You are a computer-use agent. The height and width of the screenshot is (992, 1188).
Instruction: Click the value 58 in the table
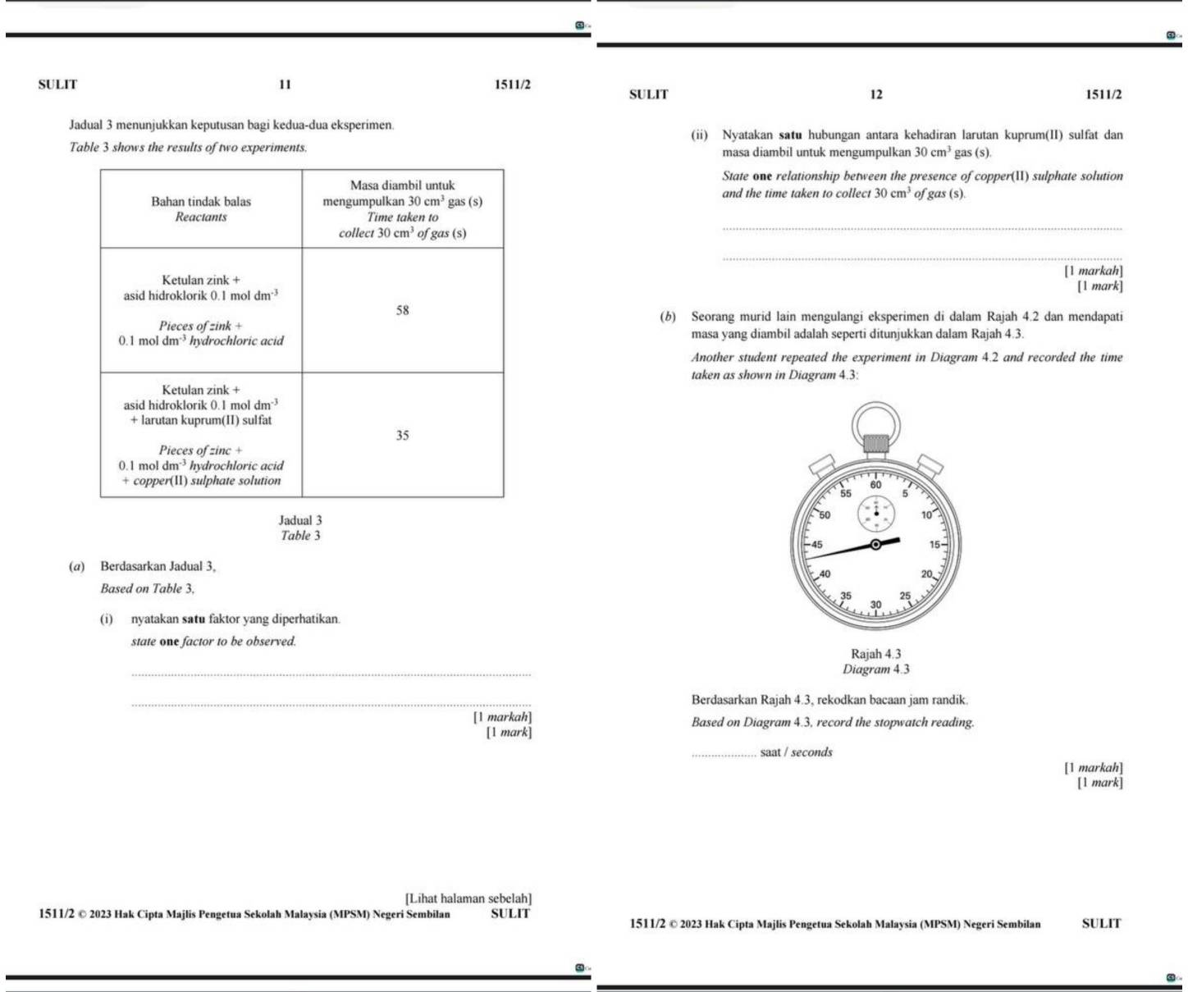(x=402, y=310)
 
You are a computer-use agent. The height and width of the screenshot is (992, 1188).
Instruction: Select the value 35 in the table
(x=402, y=435)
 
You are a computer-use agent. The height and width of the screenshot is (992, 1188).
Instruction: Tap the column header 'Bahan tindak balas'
(x=201, y=201)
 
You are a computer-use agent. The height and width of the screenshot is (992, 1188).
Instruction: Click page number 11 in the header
(x=285, y=84)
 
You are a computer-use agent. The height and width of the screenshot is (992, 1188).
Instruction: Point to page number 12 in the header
(x=876, y=94)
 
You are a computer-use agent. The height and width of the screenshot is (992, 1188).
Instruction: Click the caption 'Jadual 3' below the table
(x=300, y=520)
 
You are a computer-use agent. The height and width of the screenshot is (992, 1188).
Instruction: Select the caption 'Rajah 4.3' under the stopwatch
(x=875, y=654)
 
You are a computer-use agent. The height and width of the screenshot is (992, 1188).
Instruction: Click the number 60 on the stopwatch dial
(x=875, y=485)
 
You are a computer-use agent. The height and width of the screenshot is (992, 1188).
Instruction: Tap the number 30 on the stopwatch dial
(x=875, y=604)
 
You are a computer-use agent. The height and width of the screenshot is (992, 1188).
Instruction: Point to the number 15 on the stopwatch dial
(x=934, y=544)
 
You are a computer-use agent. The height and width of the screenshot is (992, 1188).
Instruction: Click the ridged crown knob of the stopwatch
(x=875, y=444)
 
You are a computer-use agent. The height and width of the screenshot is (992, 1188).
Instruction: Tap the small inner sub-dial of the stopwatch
(x=875, y=514)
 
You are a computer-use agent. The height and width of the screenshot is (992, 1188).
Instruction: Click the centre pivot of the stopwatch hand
(x=875, y=544)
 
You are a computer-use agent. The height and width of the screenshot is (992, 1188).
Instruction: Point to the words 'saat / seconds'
(x=796, y=752)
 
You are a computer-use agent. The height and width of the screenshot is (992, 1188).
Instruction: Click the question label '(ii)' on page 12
(x=699, y=135)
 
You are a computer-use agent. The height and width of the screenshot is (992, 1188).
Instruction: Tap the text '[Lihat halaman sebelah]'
(x=468, y=899)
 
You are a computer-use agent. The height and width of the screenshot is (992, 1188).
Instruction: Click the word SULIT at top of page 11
(x=57, y=84)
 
